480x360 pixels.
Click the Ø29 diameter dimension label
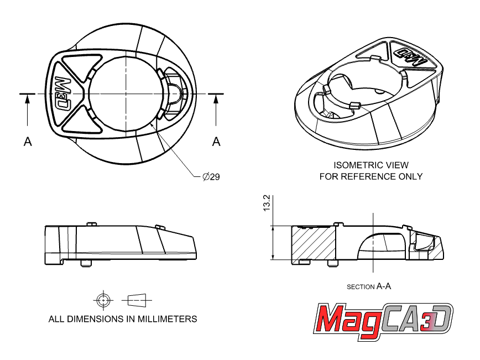coord(211,176)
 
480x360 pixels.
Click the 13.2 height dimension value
coord(267,202)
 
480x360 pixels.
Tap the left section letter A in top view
coord(28,142)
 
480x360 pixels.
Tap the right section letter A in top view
coord(216,142)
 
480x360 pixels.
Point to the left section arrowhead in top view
coord(28,98)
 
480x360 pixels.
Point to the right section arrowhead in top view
coord(216,98)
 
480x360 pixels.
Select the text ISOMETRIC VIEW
coord(371,165)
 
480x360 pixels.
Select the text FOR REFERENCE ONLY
coord(371,176)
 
